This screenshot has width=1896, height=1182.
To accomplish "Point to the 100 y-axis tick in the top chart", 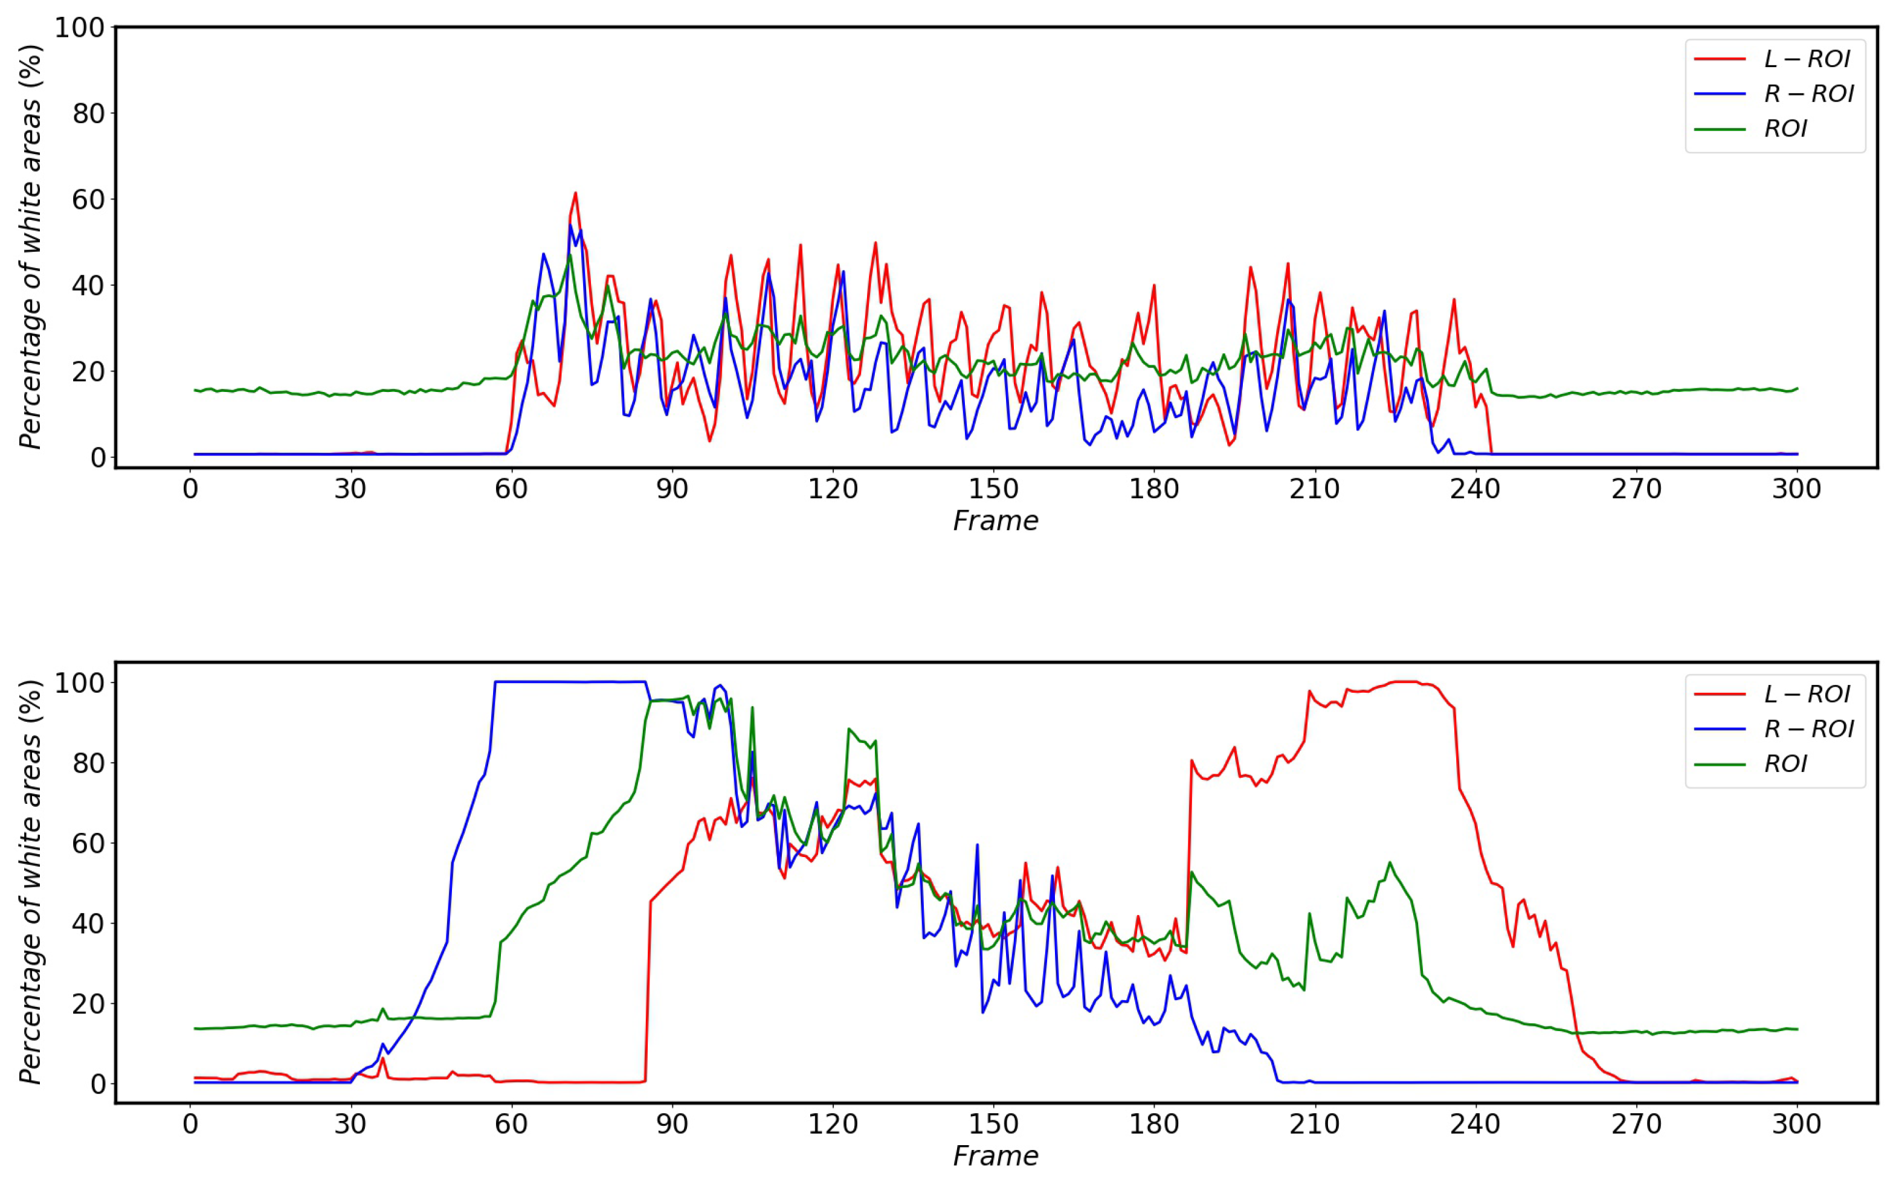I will click(x=79, y=28).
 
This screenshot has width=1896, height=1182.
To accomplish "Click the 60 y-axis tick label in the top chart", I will click(x=88, y=200).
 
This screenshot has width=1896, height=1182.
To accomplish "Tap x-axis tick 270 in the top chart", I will click(x=1636, y=489).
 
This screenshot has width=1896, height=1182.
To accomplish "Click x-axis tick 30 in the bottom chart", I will click(x=350, y=1124).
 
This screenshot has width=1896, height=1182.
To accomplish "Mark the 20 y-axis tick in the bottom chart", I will click(x=88, y=1004).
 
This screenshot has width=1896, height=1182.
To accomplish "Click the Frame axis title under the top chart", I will click(x=995, y=521).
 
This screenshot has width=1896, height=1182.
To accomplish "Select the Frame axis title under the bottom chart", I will click(x=995, y=1156).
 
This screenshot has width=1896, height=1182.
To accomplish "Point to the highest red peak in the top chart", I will click(x=575, y=193).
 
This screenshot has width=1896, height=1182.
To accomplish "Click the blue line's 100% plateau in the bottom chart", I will click(x=571, y=682).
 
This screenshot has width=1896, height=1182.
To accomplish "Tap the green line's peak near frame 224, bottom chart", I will click(x=1389, y=863).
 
